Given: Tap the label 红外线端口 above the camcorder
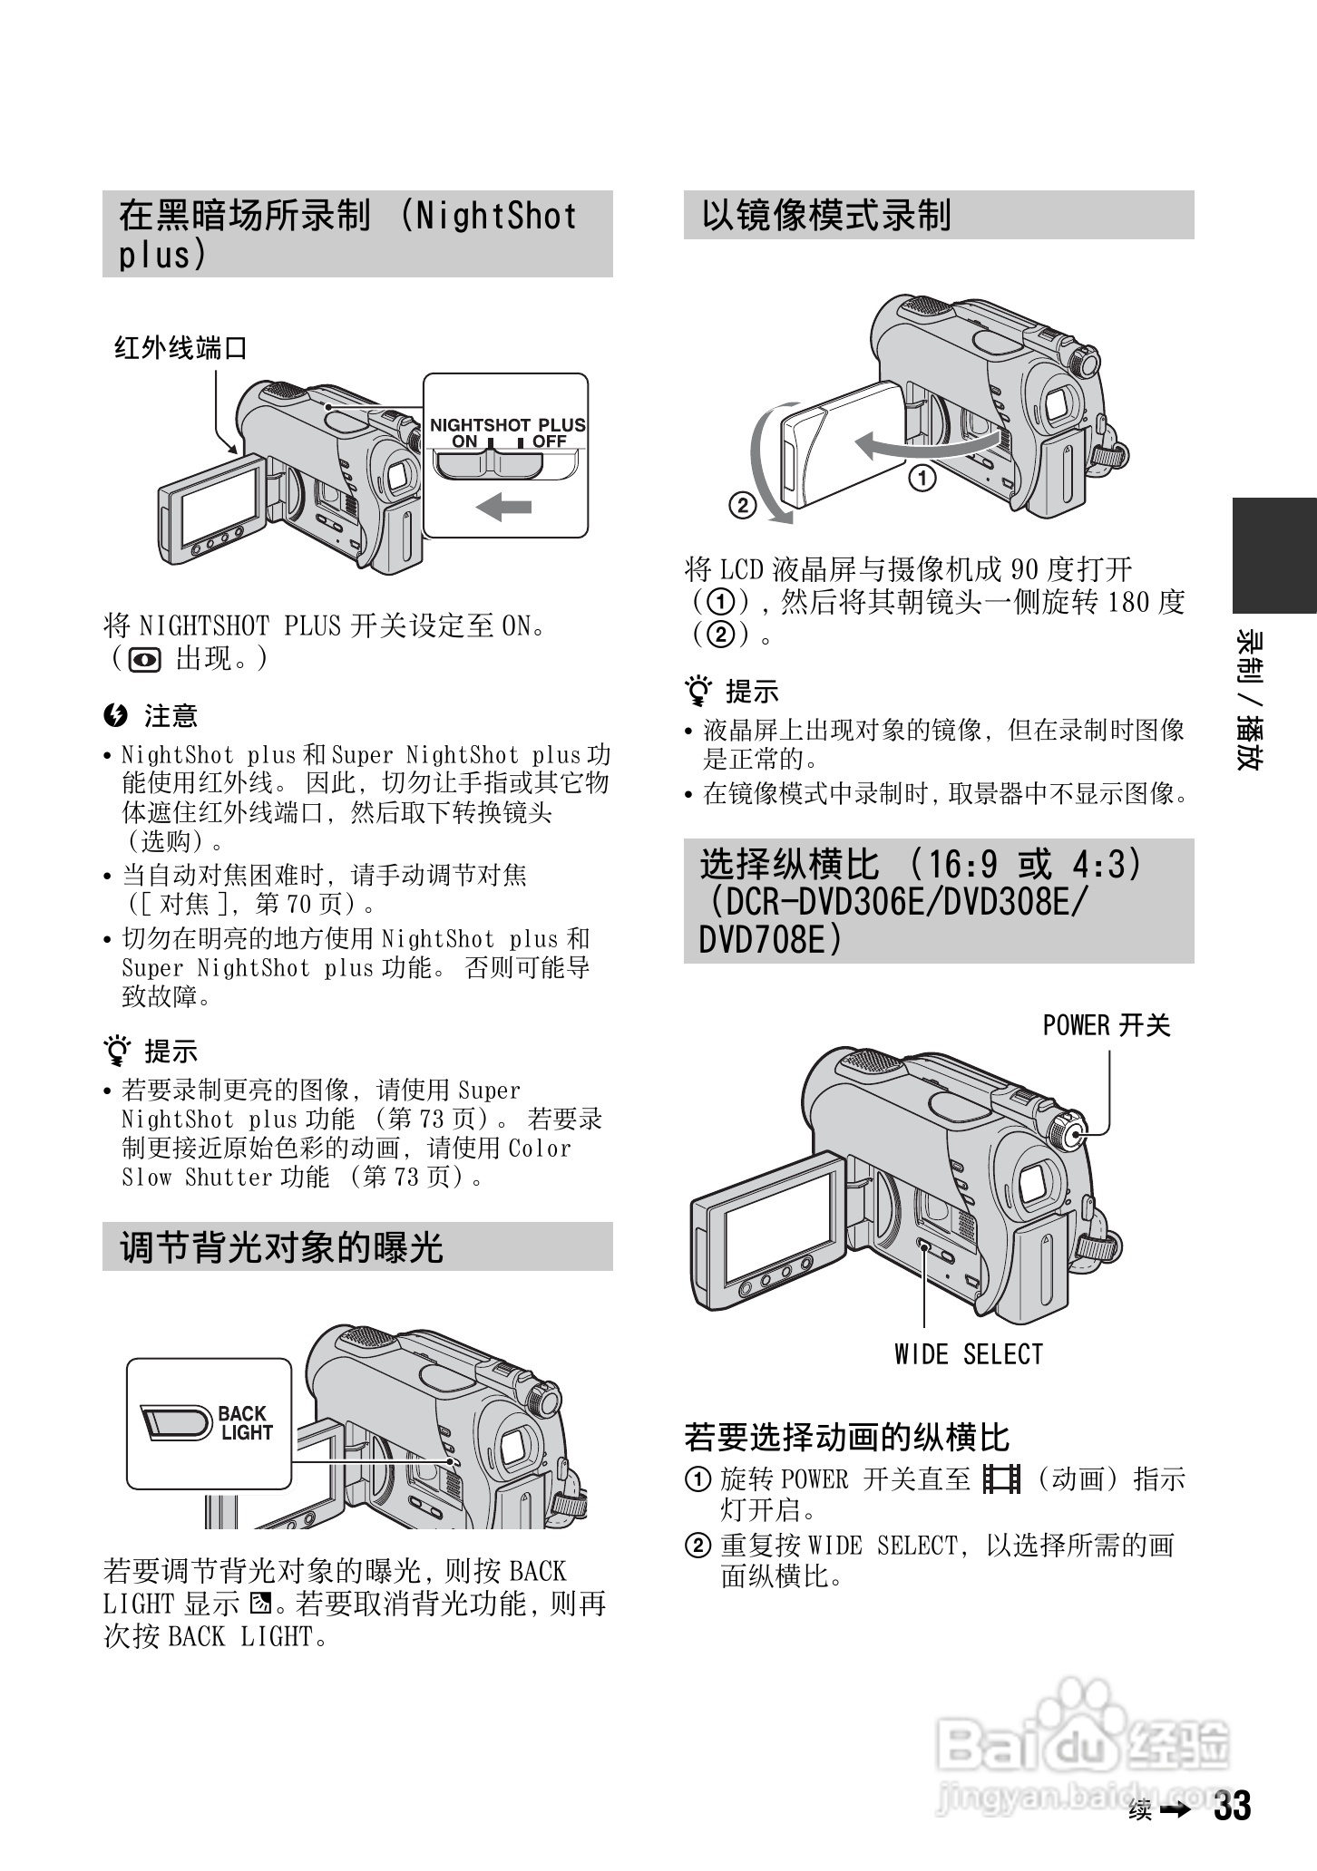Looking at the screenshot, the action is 180,347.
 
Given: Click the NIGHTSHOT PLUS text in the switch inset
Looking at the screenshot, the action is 507,424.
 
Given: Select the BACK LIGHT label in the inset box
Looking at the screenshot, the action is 245,1423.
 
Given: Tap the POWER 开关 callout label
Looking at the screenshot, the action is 1107,1025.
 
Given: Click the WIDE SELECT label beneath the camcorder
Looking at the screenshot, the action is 969,1354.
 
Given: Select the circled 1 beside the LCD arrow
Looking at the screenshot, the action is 922,477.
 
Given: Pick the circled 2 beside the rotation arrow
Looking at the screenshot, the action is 742,505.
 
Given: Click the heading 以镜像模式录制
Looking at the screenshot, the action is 826,216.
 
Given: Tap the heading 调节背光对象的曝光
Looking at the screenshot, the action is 282,1247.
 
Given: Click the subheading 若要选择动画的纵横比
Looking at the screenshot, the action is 846,1437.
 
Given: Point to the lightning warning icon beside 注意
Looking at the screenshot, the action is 115,716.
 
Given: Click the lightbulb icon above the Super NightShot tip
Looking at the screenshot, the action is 116,1051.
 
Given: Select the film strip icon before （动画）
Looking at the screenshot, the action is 1001,1478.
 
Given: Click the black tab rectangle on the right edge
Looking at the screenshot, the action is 1274,556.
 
